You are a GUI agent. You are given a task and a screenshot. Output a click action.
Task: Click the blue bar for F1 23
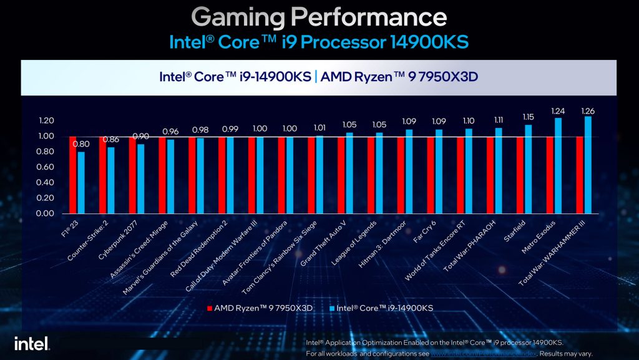(80, 182)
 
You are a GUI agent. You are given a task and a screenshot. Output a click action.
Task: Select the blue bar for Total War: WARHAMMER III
(588, 165)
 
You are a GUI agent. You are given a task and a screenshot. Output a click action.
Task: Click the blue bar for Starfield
(528, 169)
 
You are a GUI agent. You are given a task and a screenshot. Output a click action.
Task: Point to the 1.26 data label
(588, 111)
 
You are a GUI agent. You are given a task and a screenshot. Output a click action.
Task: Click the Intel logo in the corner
(32, 343)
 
